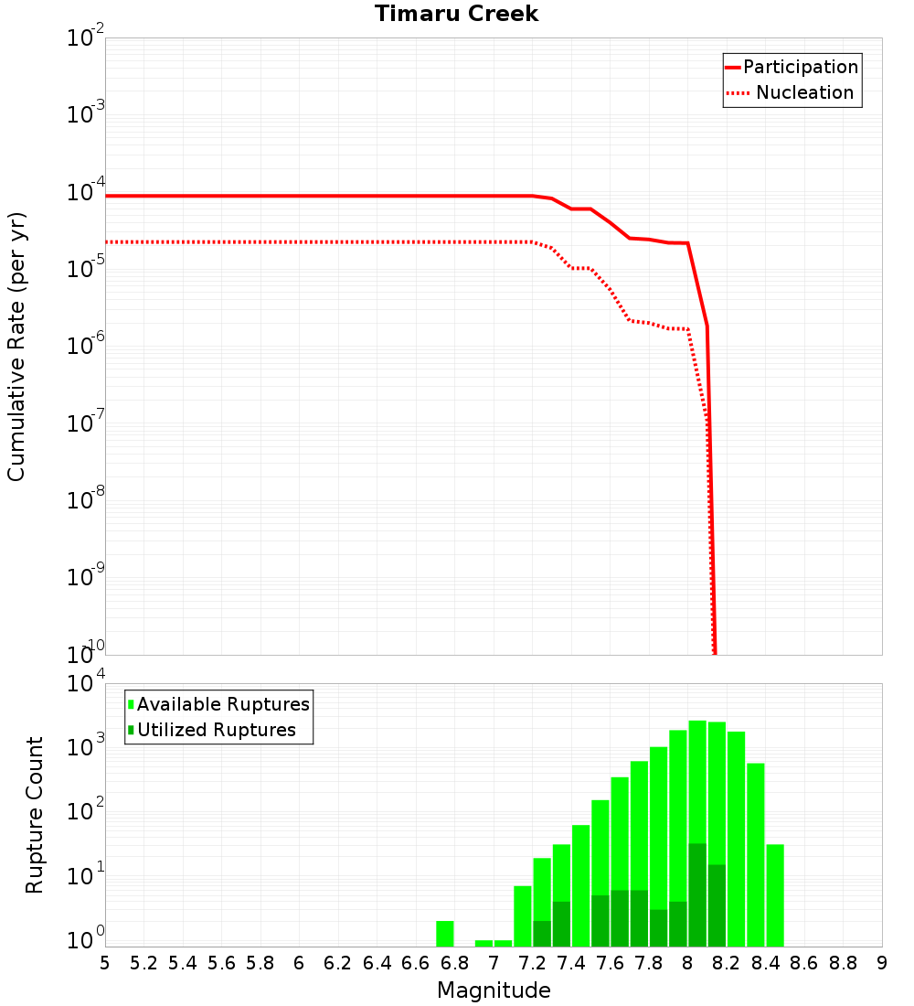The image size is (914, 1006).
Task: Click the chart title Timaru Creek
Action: tap(456, 15)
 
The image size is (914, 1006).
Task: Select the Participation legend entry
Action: tap(800, 68)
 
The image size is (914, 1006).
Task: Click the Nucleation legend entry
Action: tap(803, 93)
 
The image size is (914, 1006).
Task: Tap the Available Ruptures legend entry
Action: tap(223, 704)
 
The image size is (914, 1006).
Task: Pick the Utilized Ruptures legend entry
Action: tap(216, 730)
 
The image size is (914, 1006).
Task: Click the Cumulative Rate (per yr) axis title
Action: tap(16, 346)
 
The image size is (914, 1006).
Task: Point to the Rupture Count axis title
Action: tap(35, 815)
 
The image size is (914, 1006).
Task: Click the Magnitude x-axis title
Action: tap(494, 990)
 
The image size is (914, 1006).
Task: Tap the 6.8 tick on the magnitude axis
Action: tap(454, 963)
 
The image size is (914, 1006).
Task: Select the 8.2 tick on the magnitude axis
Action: tap(727, 963)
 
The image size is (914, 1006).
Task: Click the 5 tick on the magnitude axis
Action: tap(105, 963)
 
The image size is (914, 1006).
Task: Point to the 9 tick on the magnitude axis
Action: tap(882, 963)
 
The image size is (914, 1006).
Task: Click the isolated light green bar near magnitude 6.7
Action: tap(445, 934)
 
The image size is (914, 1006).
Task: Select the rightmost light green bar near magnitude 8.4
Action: tap(775, 895)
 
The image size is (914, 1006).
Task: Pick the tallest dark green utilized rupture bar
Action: tap(697, 894)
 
